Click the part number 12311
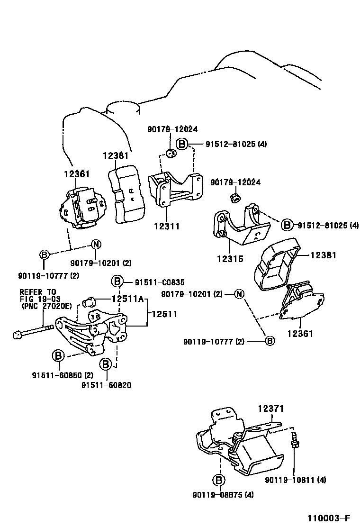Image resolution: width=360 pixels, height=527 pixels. click(166, 227)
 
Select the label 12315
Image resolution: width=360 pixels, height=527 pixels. click(230, 259)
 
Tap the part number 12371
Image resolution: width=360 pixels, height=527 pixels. click(271, 408)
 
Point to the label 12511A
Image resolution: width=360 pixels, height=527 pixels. click(127, 299)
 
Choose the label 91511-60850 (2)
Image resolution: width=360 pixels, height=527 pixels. click(62, 375)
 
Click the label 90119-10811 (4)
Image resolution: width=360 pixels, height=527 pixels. click(295, 480)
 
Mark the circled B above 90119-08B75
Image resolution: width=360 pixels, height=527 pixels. click(218, 481)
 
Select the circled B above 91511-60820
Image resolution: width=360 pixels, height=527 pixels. click(106, 364)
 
